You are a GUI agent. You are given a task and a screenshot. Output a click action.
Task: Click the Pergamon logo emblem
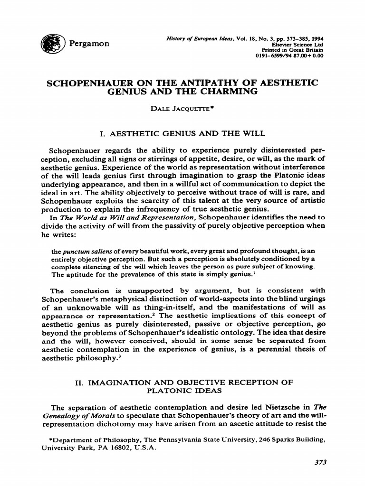click(x=52, y=44)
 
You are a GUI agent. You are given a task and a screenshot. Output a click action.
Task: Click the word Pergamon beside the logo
click(x=89, y=44)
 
